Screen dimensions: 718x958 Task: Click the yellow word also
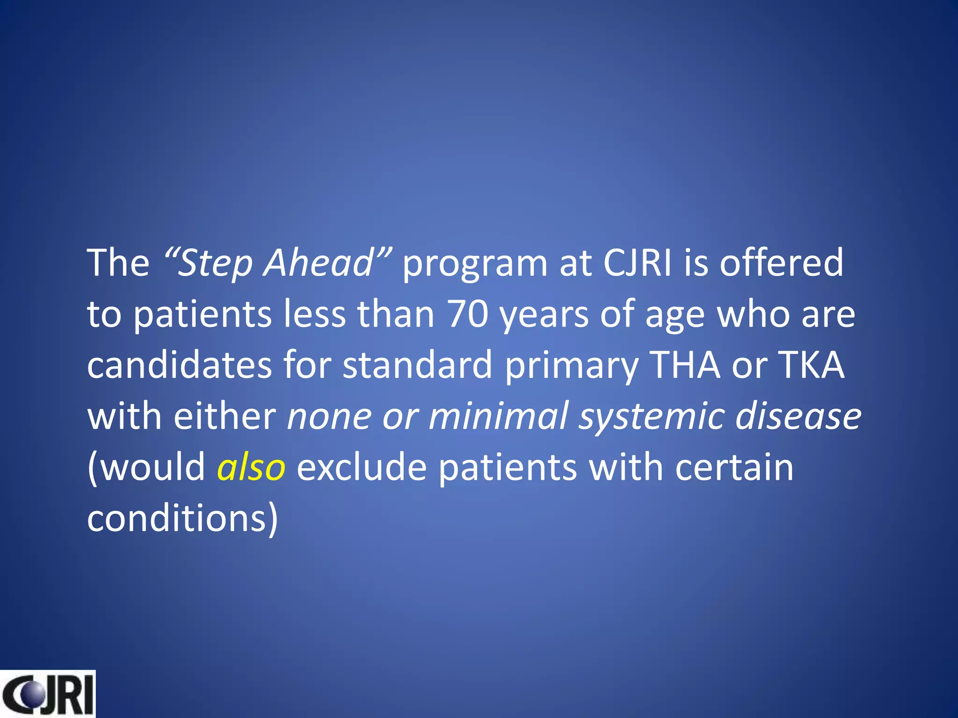click(251, 467)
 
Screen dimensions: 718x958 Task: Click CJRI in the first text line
click(637, 263)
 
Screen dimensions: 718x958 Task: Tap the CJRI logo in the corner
click(47, 694)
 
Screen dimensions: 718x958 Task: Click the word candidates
click(179, 365)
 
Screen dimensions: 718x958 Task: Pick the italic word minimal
click(498, 416)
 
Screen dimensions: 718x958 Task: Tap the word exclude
click(361, 467)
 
